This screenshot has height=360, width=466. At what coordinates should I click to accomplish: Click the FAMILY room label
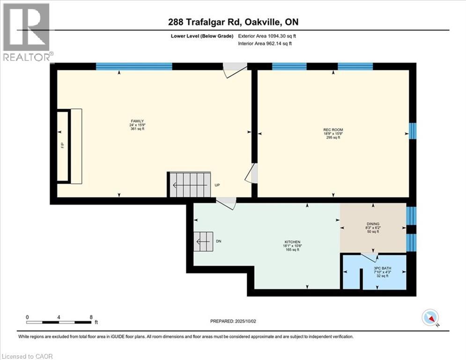pos(136,121)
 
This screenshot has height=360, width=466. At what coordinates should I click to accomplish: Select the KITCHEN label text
pos(292,242)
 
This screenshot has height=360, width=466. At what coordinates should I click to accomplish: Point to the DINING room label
pos(373,224)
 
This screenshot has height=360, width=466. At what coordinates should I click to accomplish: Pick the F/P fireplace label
pos(63,146)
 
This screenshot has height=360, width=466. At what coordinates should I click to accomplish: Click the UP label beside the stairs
pos(217,185)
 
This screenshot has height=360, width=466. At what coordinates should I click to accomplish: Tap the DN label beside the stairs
pos(218,241)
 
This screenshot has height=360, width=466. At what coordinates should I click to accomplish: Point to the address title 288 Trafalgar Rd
pos(233,22)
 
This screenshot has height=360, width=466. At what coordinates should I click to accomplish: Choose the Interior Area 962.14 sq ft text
pos(265,44)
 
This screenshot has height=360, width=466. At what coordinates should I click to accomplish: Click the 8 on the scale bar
pos(90,317)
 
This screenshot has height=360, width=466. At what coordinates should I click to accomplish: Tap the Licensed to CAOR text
pos(27,356)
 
